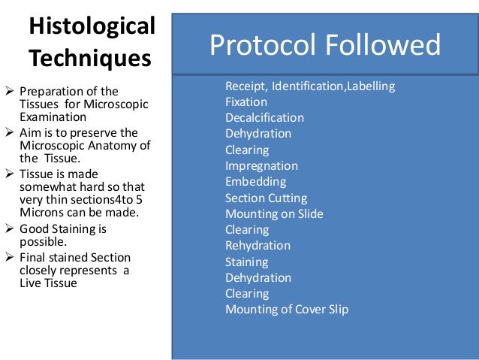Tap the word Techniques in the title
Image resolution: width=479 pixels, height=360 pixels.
tap(89, 58)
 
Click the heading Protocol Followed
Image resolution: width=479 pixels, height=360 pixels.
tap(324, 45)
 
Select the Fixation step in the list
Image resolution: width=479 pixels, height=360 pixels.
tap(246, 101)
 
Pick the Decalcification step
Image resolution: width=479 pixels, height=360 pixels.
tap(264, 117)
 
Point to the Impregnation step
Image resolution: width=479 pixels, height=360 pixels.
tap(261, 165)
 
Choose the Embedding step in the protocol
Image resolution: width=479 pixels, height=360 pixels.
tap(255, 182)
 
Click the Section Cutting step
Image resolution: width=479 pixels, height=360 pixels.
tap(266, 198)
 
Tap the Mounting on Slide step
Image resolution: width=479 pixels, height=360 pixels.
tap(274, 213)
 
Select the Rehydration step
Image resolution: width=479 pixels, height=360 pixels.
tap(258, 246)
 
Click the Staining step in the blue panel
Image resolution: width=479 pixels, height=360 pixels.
tap(246, 262)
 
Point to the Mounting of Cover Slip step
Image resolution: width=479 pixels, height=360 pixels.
tap(287, 309)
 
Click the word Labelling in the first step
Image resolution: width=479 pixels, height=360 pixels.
tap(369, 86)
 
